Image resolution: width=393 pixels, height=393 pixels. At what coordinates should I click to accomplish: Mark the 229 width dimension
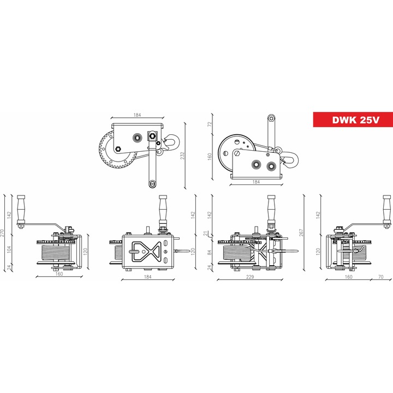250,277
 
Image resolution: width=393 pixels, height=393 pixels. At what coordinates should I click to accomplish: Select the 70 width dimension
380,277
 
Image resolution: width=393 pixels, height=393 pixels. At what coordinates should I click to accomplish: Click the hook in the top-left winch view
171,144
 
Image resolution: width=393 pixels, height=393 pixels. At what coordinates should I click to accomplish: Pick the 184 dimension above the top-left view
137,115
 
